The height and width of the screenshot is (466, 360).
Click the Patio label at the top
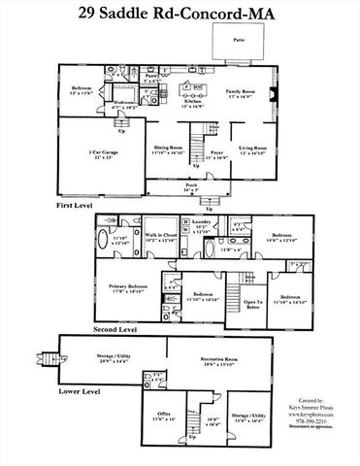coord(239,41)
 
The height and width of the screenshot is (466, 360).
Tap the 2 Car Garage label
coord(93,153)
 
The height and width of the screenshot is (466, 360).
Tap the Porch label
coord(191,185)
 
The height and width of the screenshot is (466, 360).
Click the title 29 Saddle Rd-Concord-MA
coord(180,14)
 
